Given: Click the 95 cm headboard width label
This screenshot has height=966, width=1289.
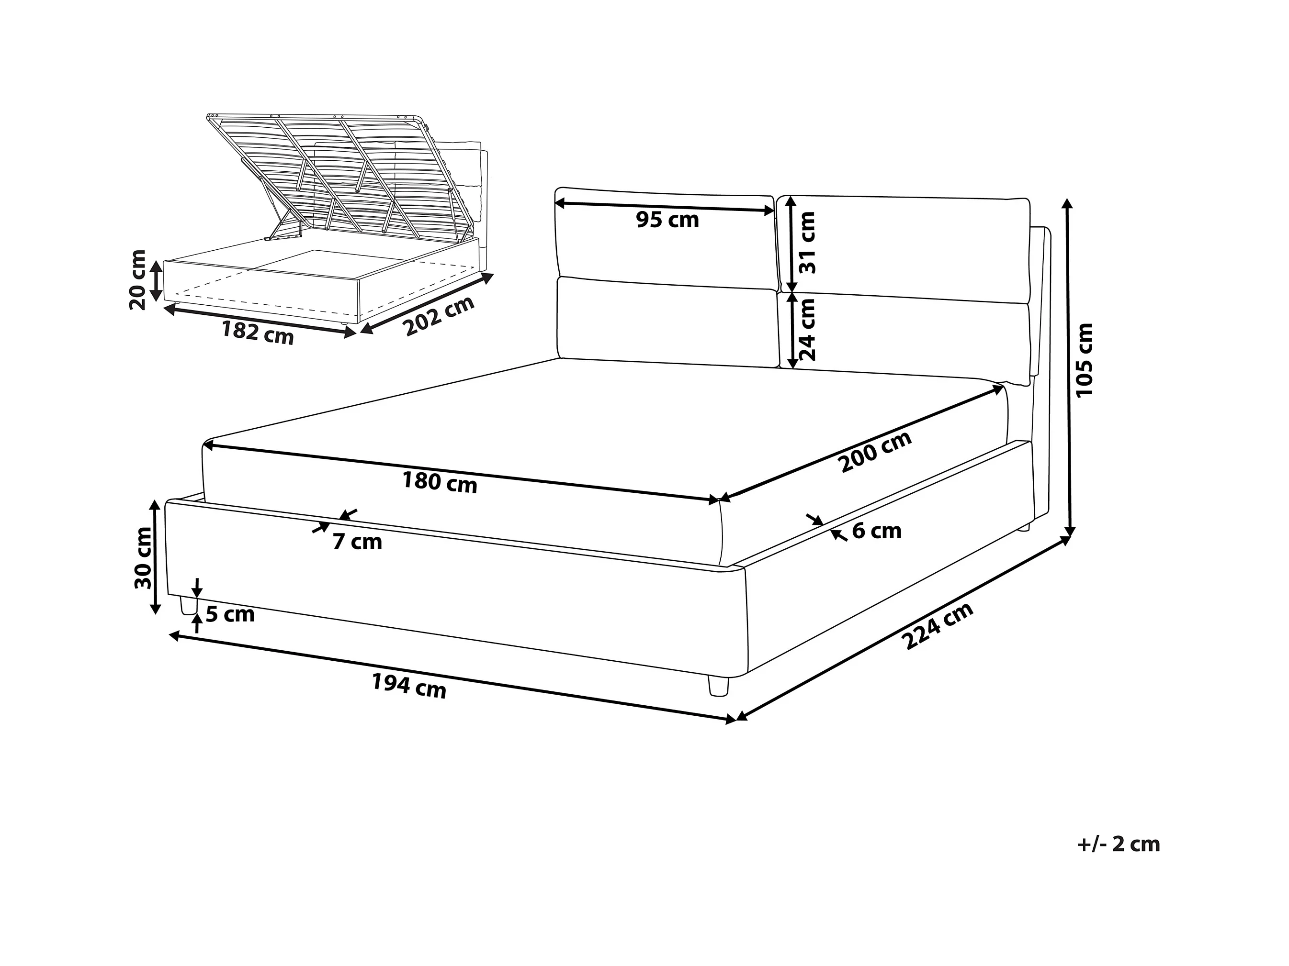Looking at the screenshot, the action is pos(667,220).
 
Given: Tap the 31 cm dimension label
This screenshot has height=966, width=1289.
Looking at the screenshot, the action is pos(807,242).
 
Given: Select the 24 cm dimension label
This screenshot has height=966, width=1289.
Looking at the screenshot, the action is pos(807,330).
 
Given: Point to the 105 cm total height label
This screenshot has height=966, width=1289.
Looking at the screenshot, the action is pos(1085,360).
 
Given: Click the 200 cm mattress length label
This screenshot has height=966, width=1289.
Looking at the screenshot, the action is pos(875,451).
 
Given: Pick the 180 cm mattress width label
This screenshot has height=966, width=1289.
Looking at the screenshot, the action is pos(440,482).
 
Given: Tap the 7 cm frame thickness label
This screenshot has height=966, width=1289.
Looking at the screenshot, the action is pos(357,542).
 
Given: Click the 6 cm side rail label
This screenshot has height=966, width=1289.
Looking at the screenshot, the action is pos(876,531).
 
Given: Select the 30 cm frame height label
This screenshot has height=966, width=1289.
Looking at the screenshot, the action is pos(143,557).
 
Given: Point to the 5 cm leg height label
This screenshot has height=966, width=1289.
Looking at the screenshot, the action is pos(230,614).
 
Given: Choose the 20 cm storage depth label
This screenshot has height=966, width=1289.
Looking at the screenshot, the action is pos(138,280).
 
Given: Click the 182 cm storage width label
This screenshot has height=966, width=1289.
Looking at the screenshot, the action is pos(257,333).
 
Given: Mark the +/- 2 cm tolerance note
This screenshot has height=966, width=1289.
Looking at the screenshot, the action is pos(1118,844).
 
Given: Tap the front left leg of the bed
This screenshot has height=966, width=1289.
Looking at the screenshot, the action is pos(188,606).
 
